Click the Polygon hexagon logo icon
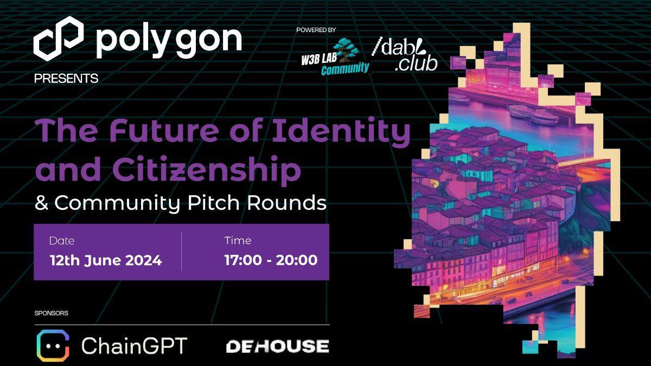(58, 37)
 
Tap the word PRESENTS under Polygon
(66, 79)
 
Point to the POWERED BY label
(316, 30)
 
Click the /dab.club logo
(405, 55)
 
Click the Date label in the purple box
(62, 241)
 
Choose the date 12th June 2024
(106, 260)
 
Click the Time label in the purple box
(238, 241)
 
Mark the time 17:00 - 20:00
(271, 260)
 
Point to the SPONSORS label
(51, 313)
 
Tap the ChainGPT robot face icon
(53, 345)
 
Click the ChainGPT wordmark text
(134, 346)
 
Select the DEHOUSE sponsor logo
(277, 346)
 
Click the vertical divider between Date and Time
(181, 252)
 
